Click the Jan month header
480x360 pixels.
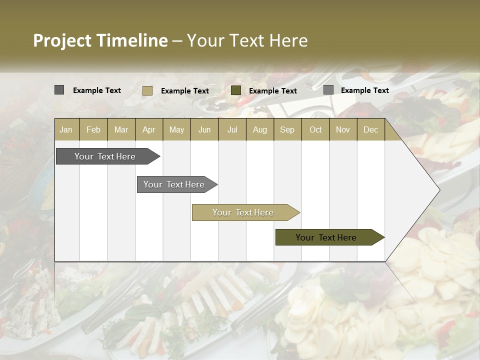point(66,129)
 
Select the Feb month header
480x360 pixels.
point(93,129)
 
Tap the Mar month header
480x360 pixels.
point(121,129)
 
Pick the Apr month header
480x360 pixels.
point(149,129)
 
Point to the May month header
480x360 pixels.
point(176,129)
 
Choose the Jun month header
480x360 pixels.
point(204,129)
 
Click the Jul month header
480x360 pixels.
point(232,129)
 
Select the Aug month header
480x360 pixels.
point(260,129)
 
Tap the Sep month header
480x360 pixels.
point(287,129)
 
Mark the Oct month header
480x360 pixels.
point(315,129)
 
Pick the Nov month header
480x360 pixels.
point(343,129)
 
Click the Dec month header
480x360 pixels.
point(371,129)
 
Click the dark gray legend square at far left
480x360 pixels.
point(59,90)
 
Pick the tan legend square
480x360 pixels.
point(147,90)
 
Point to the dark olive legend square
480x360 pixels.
point(236,90)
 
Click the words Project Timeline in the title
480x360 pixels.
point(100,40)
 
